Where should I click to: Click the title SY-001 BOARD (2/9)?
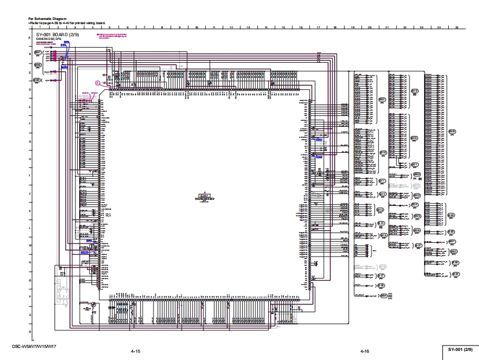[x=57, y=36]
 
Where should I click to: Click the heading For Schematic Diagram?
[x=47, y=19]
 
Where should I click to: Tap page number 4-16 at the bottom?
[x=365, y=351]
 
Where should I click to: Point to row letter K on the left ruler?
[x=29, y=211]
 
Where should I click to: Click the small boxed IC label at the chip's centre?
[x=204, y=196]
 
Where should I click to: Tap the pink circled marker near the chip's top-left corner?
[x=98, y=82]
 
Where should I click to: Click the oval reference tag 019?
[x=415, y=91]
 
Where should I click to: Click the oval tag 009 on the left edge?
[x=36, y=80]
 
